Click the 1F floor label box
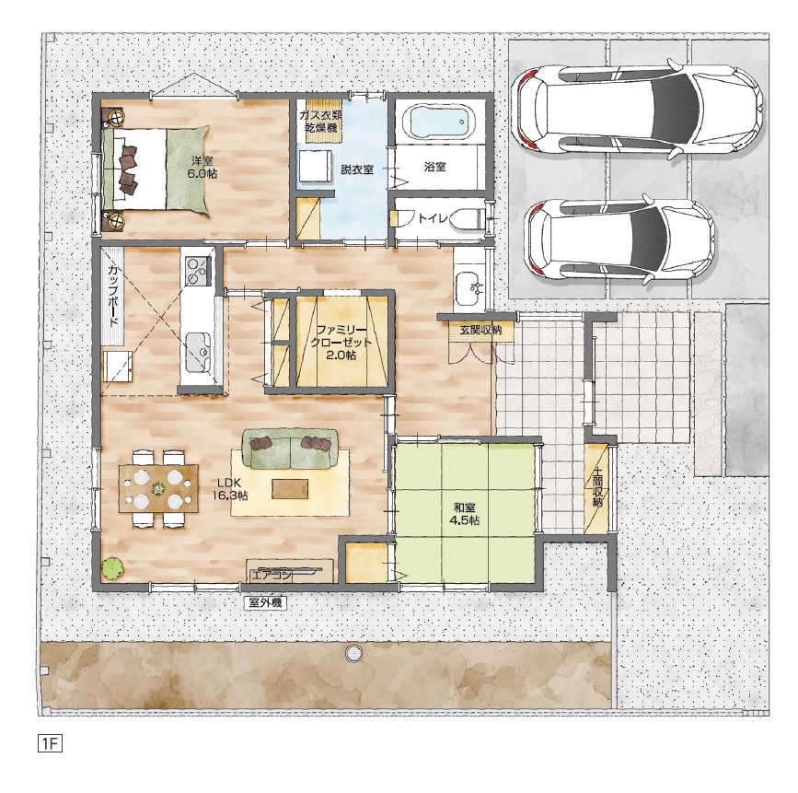click(50, 743)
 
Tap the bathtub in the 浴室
click(438, 122)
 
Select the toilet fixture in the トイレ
click(464, 219)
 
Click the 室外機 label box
click(265, 603)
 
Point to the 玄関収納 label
click(480, 330)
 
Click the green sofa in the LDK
click(290, 449)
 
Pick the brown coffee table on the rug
click(290, 489)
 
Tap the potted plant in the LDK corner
click(112, 568)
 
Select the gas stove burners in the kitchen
click(199, 270)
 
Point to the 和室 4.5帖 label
click(464, 513)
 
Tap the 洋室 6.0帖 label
click(203, 167)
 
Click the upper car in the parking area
click(637, 108)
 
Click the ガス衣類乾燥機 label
click(320, 121)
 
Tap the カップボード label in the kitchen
click(113, 296)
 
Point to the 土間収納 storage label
click(596, 487)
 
